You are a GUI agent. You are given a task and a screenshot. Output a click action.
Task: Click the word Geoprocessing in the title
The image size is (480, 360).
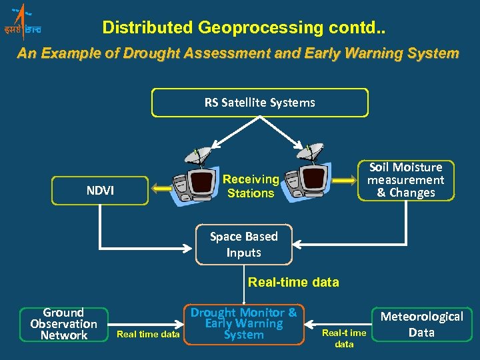click(250, 27)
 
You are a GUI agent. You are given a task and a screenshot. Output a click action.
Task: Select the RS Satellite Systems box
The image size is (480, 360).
click(259, 103)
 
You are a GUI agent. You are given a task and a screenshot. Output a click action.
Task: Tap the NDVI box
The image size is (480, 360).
click(100, 191)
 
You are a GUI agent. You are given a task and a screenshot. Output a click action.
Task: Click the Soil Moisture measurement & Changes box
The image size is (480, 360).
click(405, 180)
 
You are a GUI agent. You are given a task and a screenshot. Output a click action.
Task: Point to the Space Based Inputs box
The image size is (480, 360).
click(243, 244)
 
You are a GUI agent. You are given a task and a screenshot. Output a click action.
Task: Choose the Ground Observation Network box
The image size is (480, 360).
click(64, 324)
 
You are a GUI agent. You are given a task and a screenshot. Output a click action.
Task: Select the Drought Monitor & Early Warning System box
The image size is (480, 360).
click(243, 324)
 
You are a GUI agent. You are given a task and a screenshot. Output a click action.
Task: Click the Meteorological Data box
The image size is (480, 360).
click(421, 325)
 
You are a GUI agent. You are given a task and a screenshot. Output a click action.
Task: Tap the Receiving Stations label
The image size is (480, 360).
click(251, 186)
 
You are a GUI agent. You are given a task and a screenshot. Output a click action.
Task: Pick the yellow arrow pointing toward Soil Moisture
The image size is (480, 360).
click(344, 180)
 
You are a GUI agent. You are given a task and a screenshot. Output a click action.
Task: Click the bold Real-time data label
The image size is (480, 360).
click(293, 282)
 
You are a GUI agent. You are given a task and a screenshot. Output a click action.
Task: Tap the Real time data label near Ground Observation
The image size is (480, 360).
click(148, 334)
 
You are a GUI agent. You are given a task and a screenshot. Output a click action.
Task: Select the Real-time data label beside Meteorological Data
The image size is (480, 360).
click(344, 338)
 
